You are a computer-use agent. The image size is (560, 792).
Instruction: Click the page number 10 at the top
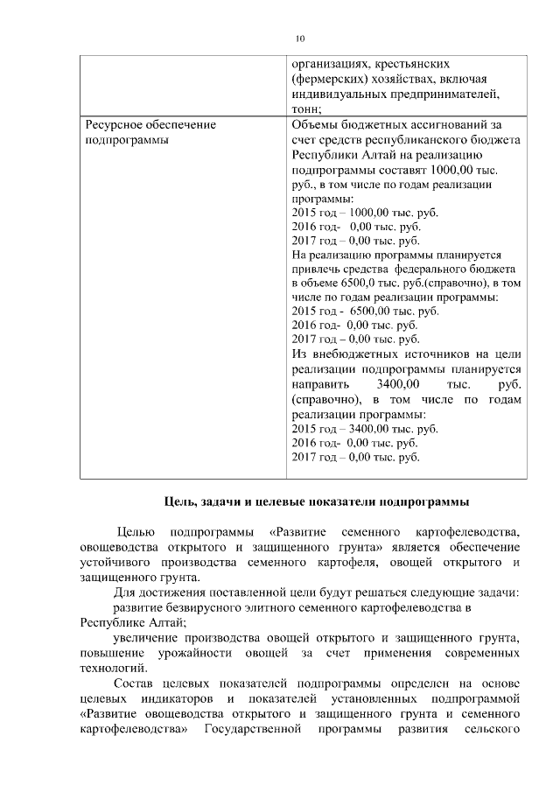(300, 39)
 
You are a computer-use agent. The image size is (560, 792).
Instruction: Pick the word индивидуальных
(339, 94)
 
